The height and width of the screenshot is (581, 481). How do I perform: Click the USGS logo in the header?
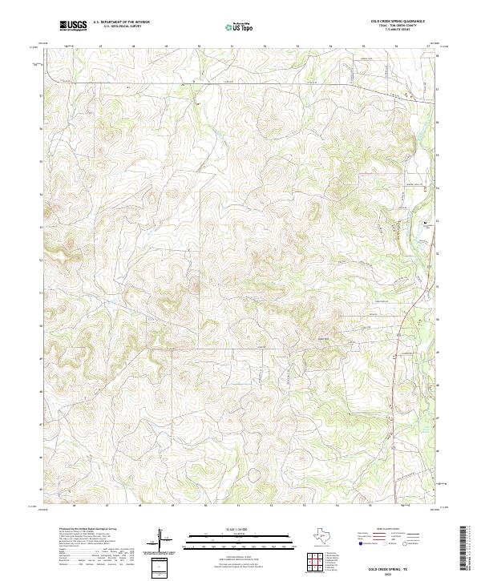[73, 26]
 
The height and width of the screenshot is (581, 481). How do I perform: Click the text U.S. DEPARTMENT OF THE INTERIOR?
[121, 22]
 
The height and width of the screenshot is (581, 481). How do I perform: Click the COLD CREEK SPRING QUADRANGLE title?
[398, 21]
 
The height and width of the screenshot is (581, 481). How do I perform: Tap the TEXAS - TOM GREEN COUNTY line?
[398, 26]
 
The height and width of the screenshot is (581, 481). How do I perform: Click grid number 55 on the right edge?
[438, 155]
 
